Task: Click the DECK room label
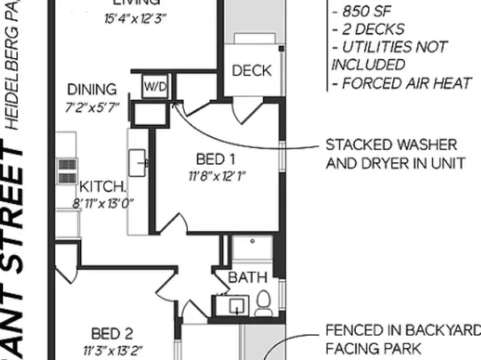click(x=252, y=71)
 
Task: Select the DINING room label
click(x=91, y=90)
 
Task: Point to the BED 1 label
click(x=215, y=158)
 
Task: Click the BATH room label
click(x=248, y=278)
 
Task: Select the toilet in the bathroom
click(x=263, y=303)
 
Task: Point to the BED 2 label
click(x=111, y=333)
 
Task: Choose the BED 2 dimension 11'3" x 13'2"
click(x=111, y=350)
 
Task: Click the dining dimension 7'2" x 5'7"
click(x=91, y=107)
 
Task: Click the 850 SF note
click(x=363, y=11)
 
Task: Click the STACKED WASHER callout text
click(x=391, y=145)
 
